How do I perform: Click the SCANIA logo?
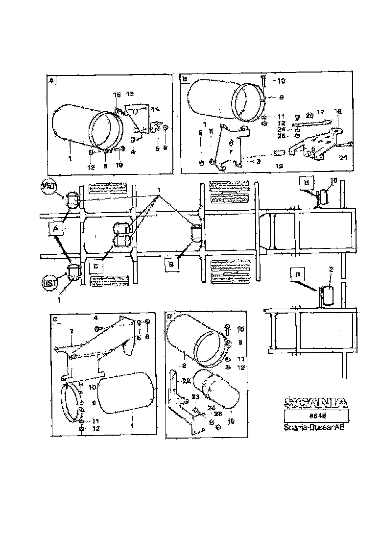(316, 403)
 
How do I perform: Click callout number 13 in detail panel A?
(130, 94)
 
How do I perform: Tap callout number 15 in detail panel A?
(117, 95)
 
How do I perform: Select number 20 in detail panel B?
(309, 116)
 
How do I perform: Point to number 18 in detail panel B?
(337, 112)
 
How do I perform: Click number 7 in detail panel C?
(71, 332)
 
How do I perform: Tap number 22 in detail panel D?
(186, 380)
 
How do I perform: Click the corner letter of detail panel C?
(55, 319)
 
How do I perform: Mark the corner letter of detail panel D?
(170, 317)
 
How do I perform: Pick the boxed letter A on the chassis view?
(56, 228)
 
